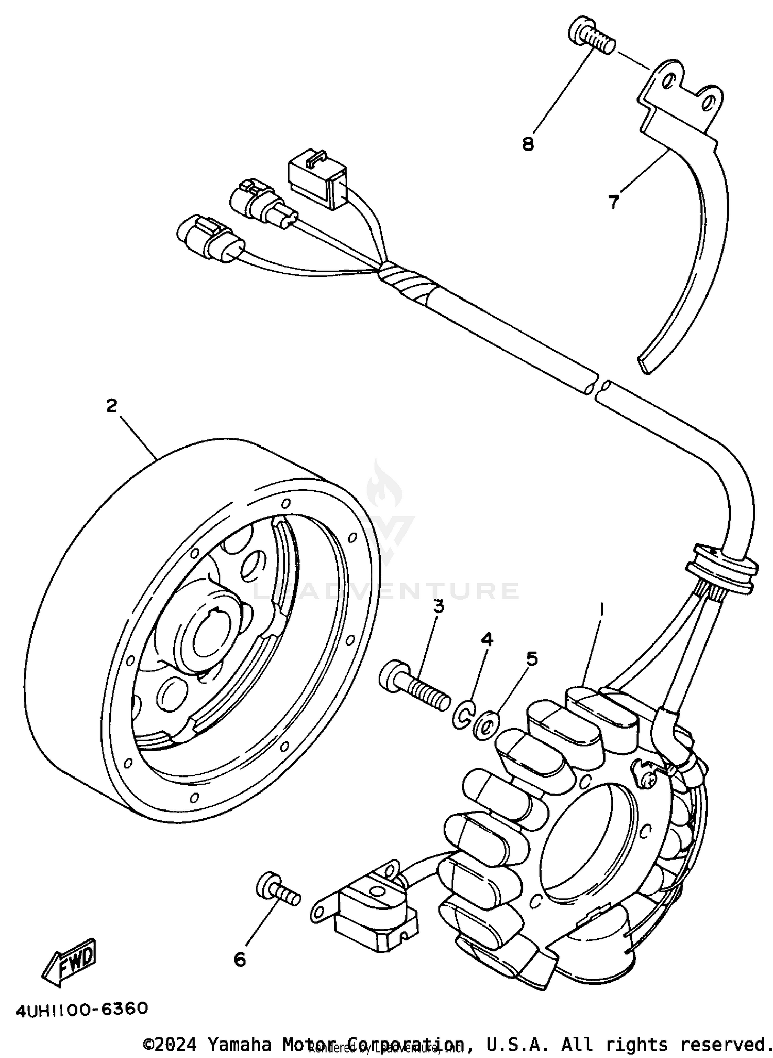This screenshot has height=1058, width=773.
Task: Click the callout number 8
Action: pyautogui.click(x=528, y=144)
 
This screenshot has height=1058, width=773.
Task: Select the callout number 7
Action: pyautogui.click(x=613, y=203)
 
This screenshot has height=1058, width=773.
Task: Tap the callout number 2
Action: pyautogui.click(x=112, y=406)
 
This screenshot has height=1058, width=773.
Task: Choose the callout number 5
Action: pyautogui.click(x=532, y=658)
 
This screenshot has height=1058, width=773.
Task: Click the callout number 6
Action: pyautogui.click(x=240, y=960)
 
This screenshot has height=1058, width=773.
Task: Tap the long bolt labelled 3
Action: pyautogui.click(x=415, y=685)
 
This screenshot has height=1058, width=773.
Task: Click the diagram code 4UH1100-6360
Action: pyautogui.click(x=82, y=1009)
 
